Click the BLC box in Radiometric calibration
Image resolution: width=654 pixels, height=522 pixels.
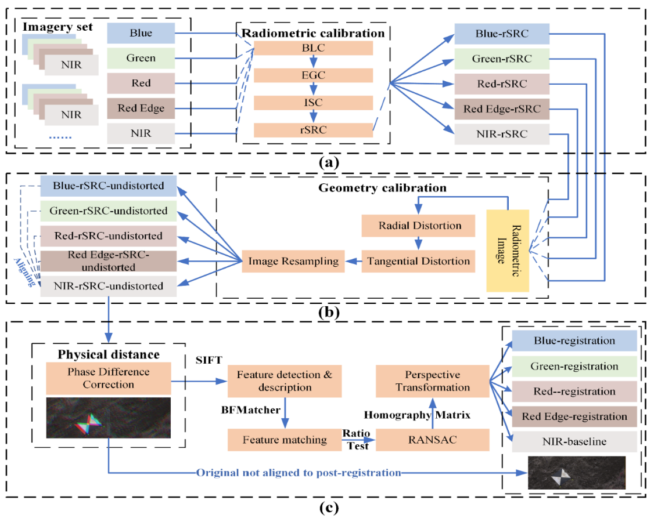[313, 48]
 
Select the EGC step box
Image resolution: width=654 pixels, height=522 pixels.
[313, 75]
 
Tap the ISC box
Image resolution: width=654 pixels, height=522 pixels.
[313, 103]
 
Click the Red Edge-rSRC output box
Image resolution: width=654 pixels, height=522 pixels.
[502, 109]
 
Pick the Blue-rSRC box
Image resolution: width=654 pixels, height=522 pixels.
[502, 34]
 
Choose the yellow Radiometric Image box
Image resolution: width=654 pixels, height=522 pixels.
[508, 251]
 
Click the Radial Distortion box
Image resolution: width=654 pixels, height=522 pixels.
[418, 226]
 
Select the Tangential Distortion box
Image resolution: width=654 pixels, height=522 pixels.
[418, 261]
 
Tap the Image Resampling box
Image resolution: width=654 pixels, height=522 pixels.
[293, 261]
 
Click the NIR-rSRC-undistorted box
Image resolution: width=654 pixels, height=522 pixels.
[109, 286]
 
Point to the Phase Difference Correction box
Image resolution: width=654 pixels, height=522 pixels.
[109, 378]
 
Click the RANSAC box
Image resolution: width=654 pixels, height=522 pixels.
[433, 440]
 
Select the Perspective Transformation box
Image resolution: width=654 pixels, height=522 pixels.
[433, 381]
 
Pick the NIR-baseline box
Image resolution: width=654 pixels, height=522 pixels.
[574, 441]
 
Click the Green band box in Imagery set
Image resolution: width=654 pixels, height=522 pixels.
[141, 59]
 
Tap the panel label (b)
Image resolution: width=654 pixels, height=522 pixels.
[329, 312]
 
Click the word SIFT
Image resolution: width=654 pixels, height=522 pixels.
[209, 360]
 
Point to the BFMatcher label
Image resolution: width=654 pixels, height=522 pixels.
[251, 410]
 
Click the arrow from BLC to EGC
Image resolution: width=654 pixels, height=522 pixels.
[313, 61]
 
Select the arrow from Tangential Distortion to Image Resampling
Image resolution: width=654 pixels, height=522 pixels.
[353, 261]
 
